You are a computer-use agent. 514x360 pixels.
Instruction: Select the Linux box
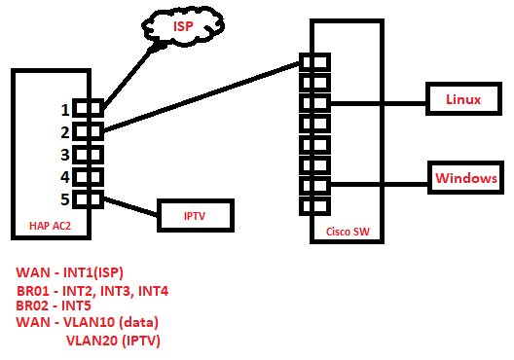461,99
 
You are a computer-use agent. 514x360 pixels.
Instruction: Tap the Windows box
466,179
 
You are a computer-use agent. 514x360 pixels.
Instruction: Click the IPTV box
195,215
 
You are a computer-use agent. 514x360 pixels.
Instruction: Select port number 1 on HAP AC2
88,109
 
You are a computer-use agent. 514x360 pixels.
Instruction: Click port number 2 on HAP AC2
88,131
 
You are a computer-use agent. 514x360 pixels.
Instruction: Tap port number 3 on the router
88,154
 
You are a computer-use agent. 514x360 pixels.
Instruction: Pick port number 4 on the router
88,176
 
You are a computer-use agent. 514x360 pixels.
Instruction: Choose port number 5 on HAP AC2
88,198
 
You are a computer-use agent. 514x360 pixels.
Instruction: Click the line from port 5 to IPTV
130,206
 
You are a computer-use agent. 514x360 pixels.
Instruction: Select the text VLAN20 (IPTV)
113,341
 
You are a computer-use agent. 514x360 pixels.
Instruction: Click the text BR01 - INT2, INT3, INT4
92,290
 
